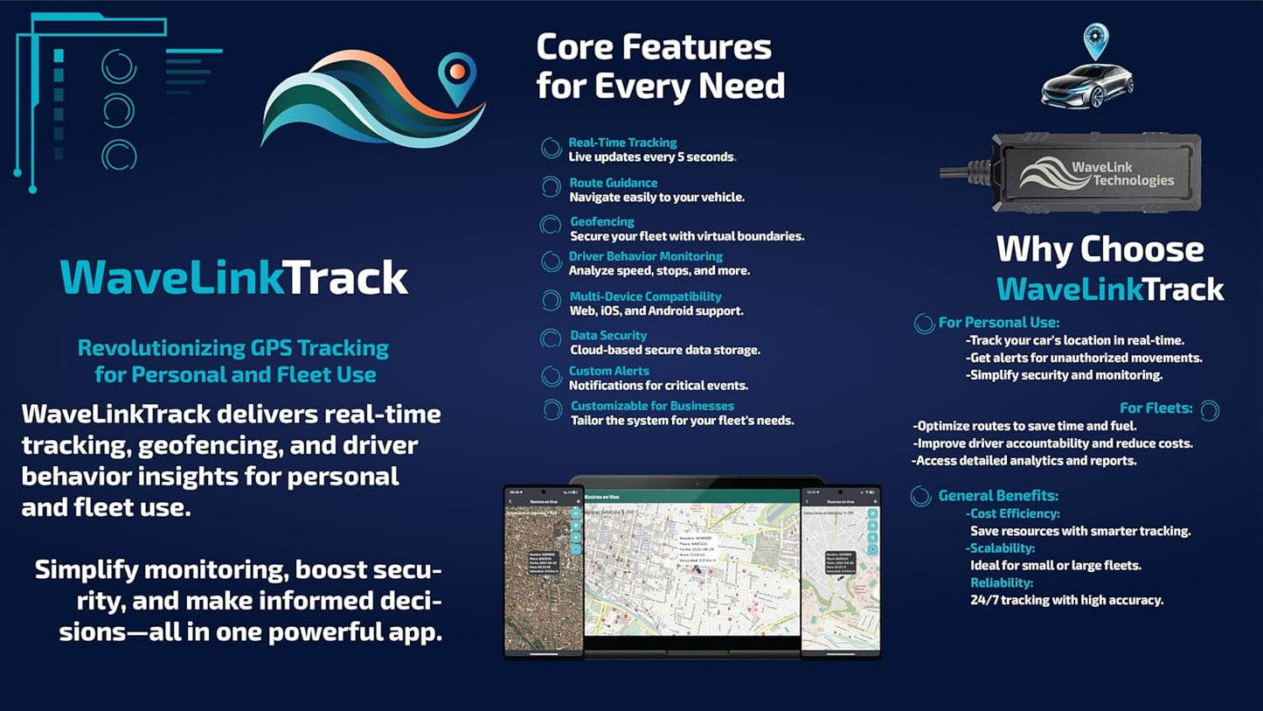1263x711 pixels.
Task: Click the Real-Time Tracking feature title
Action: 622,143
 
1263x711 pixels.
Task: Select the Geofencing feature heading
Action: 602,221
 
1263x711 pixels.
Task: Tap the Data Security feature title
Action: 608,335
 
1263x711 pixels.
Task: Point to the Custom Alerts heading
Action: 608,371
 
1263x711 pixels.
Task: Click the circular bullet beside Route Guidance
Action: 551,187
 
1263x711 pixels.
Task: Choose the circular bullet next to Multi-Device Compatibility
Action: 551,301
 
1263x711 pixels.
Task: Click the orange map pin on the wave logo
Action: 456,76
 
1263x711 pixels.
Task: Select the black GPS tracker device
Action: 1100,171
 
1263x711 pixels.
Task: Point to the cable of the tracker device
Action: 966,172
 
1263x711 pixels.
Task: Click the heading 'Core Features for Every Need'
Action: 660,66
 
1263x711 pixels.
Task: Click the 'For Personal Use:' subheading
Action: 998,323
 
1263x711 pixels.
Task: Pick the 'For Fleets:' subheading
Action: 1155,408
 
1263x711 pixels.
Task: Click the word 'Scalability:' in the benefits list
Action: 1002,548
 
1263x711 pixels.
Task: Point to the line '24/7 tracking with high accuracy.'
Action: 1066,600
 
